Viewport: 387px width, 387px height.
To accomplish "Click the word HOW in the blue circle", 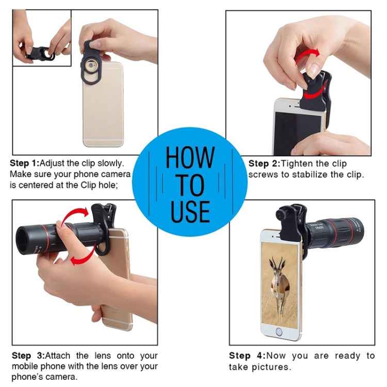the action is (x=190, y=157).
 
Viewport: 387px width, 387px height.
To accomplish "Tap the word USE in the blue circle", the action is (x=190, y=212).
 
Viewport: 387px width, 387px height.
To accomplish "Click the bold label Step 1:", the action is (x=25, y=163).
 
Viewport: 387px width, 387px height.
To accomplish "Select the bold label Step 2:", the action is (x=264, y=164).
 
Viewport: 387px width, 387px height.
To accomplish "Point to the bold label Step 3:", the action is (x=28, y=356).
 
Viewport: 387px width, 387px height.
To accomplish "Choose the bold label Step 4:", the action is (x=247, y=356).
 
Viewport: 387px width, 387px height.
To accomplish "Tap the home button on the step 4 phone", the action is (x=279, y=332).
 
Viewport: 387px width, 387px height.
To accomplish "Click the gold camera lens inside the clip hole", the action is (x=91, y=66).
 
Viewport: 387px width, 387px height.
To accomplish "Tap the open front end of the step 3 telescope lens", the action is (x=23, y=240).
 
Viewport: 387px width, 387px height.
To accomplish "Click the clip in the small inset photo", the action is (x=40, y=53).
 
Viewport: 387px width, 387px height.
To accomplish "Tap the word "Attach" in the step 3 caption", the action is (x=57, y=356).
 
